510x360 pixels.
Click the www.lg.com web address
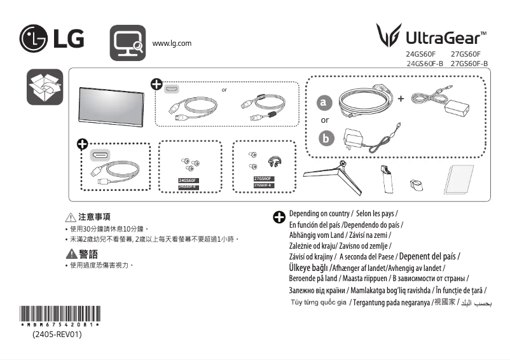(172, 43)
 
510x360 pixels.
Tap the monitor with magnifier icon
(127, 43)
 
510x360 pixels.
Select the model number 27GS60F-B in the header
(469, 64)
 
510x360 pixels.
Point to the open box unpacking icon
(45, 88)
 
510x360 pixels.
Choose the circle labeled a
(325, 102)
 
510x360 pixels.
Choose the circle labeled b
(325, 138)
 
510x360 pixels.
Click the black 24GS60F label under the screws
(189, 181)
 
